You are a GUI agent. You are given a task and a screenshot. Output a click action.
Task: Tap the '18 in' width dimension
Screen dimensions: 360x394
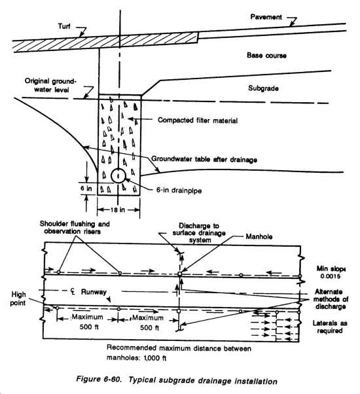118,209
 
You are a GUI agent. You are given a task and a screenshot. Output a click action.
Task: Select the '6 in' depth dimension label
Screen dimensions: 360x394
86,188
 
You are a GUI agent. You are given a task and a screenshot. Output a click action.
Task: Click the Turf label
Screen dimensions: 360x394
64,26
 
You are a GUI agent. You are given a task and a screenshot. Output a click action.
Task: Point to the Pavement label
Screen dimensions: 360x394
266,17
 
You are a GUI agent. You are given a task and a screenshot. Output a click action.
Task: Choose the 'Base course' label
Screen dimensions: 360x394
266,55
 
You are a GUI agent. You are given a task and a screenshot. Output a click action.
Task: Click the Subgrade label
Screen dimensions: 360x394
263,88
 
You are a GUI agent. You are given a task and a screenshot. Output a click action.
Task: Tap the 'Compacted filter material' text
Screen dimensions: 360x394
198,120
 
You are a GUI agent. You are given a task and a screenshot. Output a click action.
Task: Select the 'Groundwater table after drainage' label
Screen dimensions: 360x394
204,159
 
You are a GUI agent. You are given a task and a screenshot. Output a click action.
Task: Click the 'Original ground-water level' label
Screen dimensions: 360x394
50,86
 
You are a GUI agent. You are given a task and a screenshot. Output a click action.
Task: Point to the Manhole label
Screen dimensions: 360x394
259,237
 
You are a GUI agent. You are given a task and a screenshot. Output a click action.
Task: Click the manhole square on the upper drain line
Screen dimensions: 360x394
179,274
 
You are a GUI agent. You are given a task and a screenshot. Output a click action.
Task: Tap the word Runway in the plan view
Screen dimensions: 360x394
94,292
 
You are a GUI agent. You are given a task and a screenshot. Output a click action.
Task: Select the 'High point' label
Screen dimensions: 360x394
18,298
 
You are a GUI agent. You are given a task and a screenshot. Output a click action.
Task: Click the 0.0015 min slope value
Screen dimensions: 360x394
331,276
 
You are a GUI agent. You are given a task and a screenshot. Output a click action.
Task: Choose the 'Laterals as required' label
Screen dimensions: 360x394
330,327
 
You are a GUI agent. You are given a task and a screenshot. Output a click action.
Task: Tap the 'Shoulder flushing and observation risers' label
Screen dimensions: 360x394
75,227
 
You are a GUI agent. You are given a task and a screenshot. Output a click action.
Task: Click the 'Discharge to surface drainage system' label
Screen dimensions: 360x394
199,233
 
